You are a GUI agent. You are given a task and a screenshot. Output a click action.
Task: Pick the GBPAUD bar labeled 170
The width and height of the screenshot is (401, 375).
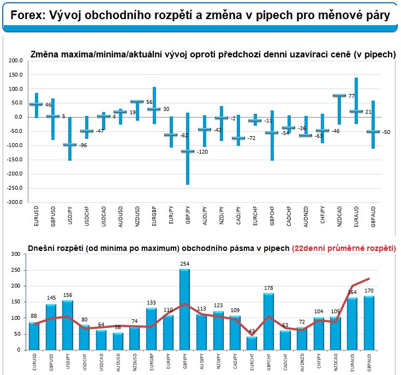click(370, 323)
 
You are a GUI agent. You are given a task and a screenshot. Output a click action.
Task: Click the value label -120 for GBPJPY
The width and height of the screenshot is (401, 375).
click(202, 151)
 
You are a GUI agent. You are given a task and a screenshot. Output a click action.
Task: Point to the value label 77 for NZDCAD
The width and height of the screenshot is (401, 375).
click(352, 96)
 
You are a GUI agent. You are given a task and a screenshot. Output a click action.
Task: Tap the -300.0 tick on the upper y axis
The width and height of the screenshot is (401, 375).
click(15, 202)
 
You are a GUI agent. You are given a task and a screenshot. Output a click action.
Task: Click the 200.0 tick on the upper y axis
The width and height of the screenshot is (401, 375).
click(16, 61)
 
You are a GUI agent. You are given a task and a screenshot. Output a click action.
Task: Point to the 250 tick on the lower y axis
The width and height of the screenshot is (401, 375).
click(15, 270)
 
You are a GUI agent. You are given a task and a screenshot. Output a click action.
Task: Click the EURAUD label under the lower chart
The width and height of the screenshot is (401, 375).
click(354, 363)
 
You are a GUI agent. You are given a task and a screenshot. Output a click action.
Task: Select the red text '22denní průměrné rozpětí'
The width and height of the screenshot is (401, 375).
click(344, 248)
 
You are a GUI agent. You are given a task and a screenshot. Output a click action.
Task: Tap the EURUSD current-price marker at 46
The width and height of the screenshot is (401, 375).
click(35, 104)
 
